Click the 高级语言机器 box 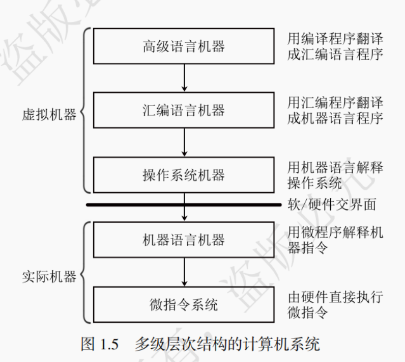pyautogui.click(x=184, y=47)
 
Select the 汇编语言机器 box pyautogui.click(x=184, y=111)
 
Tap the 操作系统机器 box pyautogui.click(x=184, y=175)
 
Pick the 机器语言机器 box pyautogui.click(x=184, y=240)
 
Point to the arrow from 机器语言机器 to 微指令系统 pyautogui.click(x=185, y=272)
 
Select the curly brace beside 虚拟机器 pyautogui.click(x=86, y=110)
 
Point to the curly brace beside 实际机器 pyautogui.click(x=86, y=272)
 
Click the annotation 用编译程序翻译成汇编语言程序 pyautogui.click(x=335, y=46)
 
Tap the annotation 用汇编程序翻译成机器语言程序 pyautogui.click(x=335, y=110)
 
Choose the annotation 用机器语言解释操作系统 pyautogui.click(x=335, y=174)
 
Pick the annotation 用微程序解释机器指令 pyautogui.click(x=335, y=240)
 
